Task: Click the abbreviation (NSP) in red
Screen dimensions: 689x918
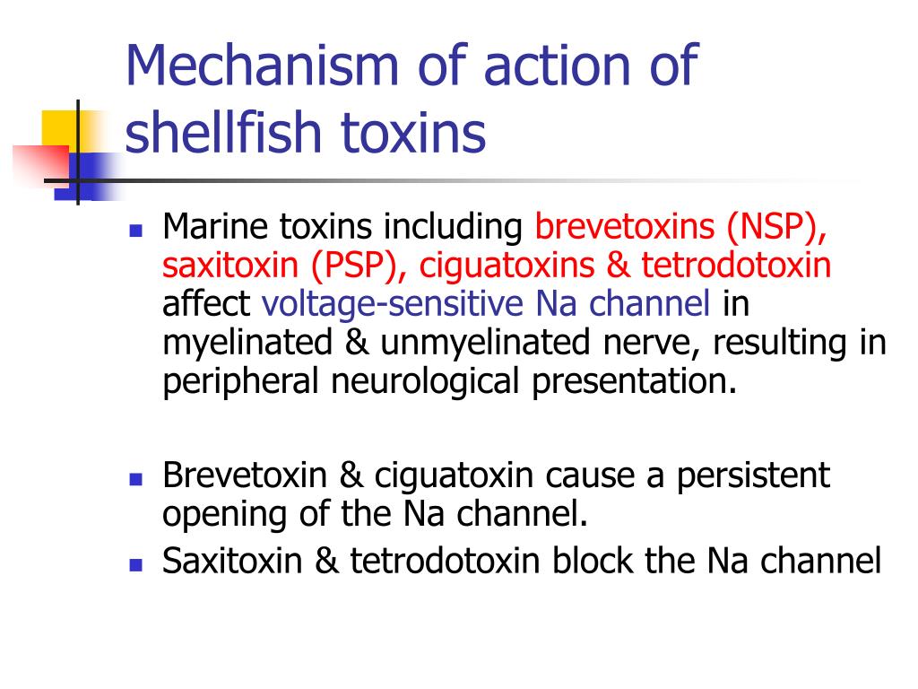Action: (776, 227)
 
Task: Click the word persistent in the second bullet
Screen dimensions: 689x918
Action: (753, 475)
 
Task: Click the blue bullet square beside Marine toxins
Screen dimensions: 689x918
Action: (136, 229)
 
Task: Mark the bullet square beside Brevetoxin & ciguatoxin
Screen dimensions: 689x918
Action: (136, 478)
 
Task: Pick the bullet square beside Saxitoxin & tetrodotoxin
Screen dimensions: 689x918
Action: (136, 563)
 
